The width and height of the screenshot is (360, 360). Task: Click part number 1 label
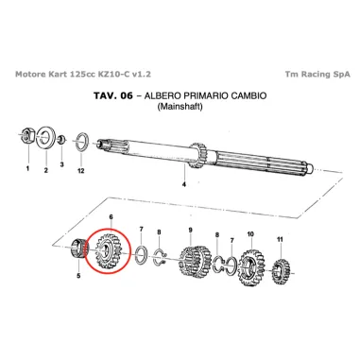point(27,169)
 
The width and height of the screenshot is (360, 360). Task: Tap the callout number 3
point(61,164)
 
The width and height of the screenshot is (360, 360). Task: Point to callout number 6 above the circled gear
point(111,217)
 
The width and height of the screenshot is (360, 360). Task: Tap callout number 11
point(279,240)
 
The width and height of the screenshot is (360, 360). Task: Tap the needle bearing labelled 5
point(80,252)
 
